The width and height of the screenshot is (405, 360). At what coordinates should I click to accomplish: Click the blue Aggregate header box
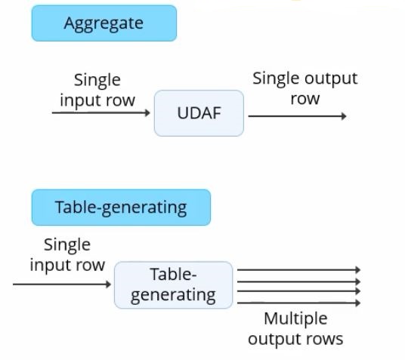104,23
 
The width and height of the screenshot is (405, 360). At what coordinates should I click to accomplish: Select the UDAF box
199,113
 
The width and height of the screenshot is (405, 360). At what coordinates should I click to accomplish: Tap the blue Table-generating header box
121,208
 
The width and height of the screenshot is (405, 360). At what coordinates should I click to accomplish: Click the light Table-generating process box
173,285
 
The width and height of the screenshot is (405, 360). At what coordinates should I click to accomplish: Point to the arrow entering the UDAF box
101,112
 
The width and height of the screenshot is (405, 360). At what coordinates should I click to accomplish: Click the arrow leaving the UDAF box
297,116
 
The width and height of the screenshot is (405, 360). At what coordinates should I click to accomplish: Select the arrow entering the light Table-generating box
62,284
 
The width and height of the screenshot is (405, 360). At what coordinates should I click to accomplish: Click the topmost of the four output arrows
299,269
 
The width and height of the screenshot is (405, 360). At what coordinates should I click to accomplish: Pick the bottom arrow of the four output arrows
299,303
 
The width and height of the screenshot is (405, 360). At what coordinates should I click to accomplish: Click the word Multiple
295,319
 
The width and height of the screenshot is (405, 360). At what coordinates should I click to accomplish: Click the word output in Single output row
332,78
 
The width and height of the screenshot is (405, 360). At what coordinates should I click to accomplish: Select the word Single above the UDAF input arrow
97,80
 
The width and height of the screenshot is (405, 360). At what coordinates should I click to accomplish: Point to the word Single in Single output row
277,78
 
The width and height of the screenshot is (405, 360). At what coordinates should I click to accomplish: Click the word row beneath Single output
305,99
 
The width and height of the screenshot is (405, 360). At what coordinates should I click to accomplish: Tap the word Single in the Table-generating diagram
67,245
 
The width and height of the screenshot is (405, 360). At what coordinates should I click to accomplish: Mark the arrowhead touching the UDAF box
147,112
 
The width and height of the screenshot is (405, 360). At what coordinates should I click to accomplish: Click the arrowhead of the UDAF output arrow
344,116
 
